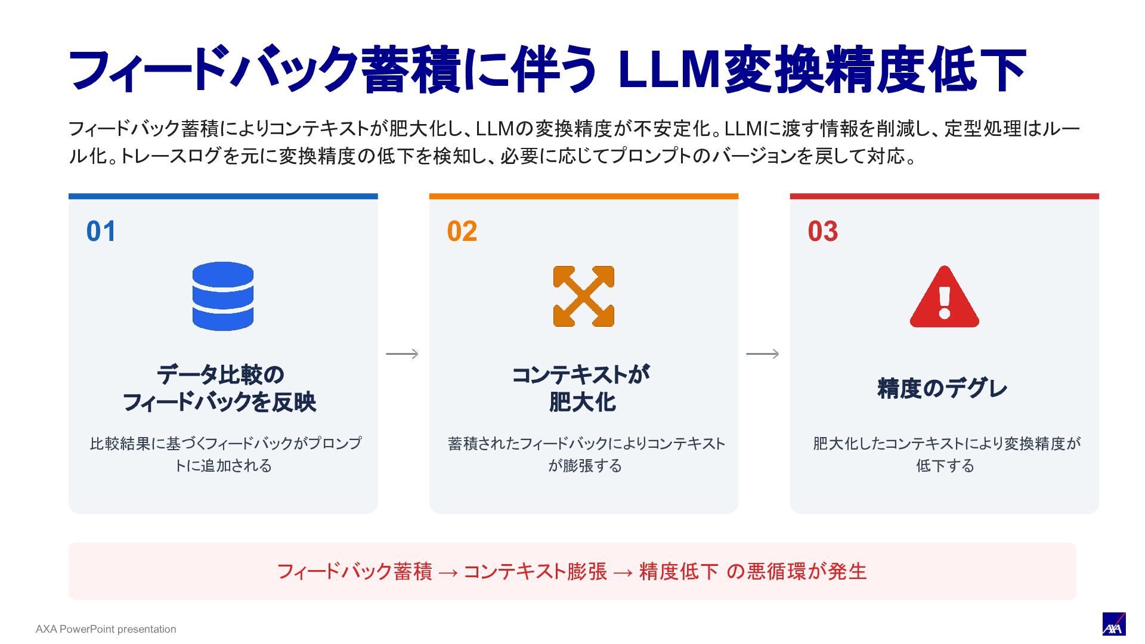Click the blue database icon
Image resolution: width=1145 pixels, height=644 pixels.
tap(223, 296)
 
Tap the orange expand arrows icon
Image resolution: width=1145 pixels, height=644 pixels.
tap(584, 296)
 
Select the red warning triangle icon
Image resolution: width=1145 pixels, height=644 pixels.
tap(944, 296)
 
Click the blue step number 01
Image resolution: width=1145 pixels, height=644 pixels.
tap(101, 231)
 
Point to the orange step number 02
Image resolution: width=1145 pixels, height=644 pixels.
tap(462, 231)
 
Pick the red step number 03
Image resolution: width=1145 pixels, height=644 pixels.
tap(823, 231)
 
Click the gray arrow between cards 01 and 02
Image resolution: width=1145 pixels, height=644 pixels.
tap(403, 354)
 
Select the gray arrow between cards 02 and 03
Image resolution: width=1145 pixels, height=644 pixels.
tap(763, 354)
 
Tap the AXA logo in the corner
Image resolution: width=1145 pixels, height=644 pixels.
tap(1113, 624)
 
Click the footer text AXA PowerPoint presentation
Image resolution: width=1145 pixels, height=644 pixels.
tap(106, 629)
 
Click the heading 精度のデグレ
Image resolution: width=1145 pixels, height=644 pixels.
tap(942, 388)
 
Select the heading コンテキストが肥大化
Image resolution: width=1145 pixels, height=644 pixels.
tap(581, 388)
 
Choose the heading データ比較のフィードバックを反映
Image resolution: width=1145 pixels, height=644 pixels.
tap(219, 388)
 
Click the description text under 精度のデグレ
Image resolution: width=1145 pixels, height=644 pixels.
tap(946, 454)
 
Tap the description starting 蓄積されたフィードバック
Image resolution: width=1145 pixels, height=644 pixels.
tap(586, 454)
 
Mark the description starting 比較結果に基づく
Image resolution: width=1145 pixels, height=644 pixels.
tap(225, 454)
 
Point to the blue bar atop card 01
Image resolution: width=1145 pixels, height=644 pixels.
tap(223, 196)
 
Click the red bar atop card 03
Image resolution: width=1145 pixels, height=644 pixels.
tap(945, 196)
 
